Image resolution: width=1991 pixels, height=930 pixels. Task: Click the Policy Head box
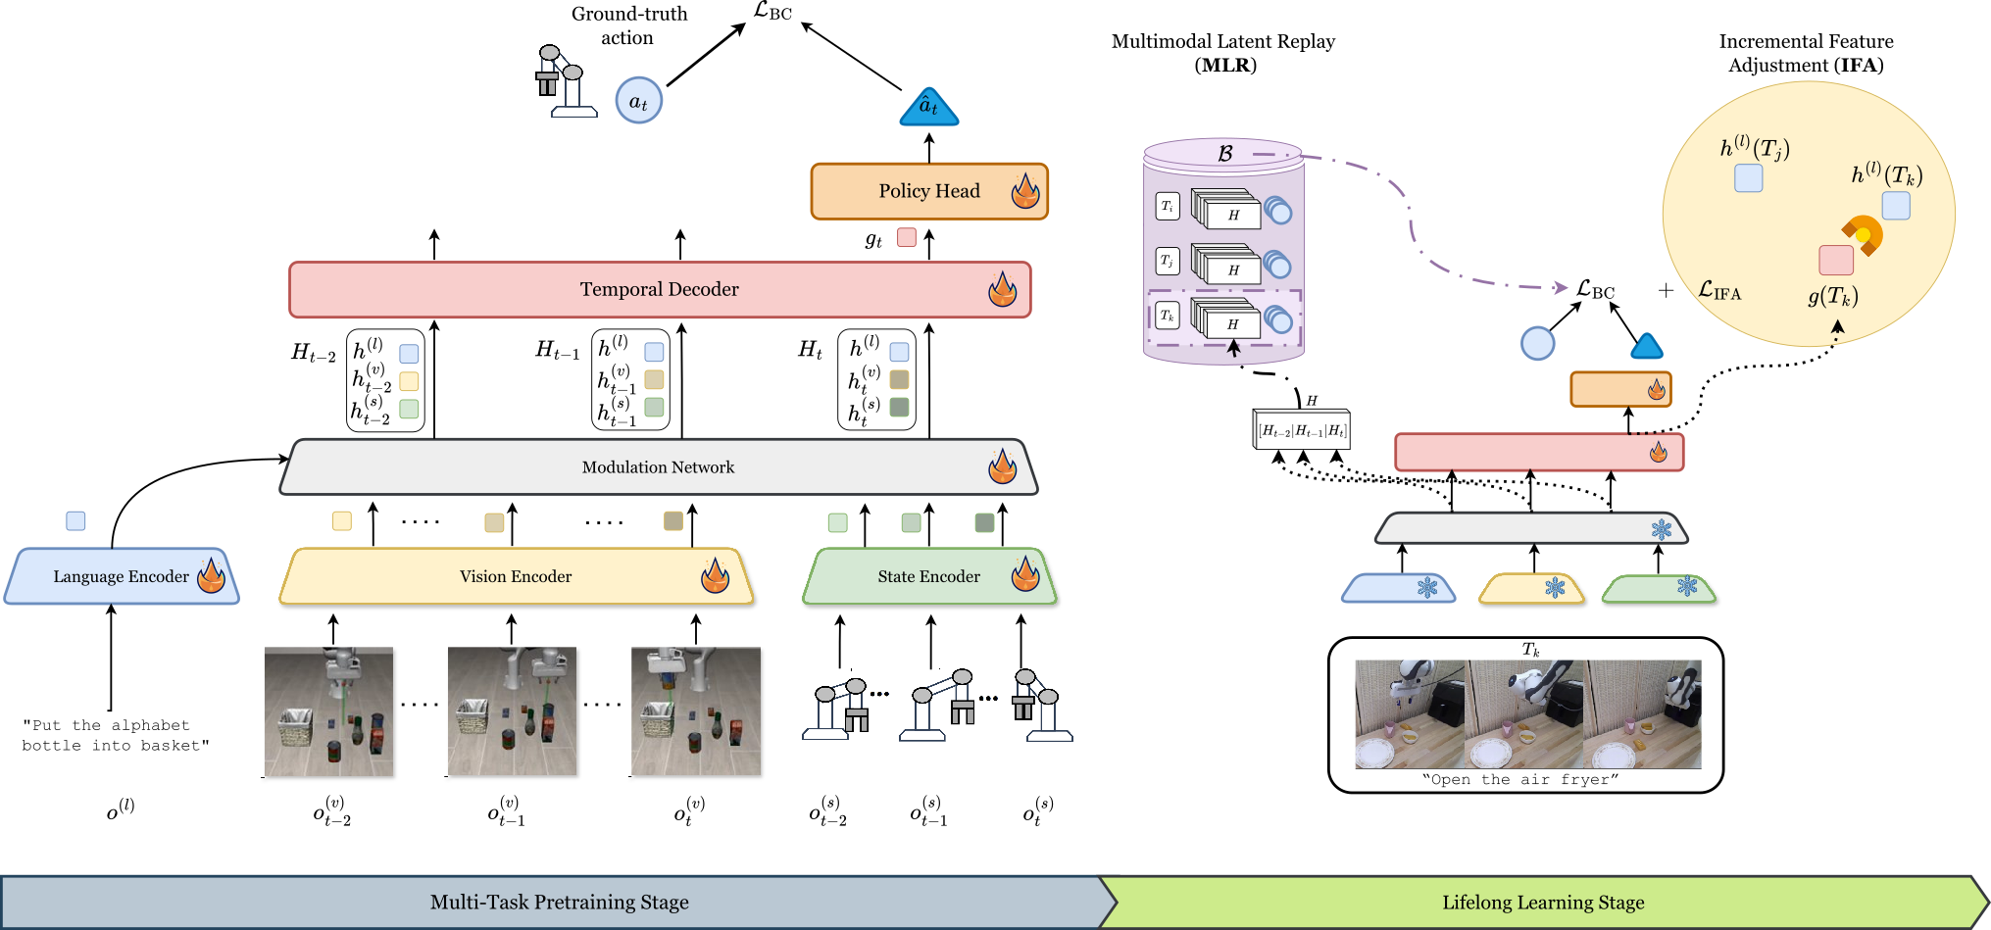point(928,191)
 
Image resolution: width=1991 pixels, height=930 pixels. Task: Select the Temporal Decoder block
point(659,289)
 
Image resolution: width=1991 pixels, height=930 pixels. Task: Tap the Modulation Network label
point(658,467)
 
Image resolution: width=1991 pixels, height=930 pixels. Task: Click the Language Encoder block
point(121,576)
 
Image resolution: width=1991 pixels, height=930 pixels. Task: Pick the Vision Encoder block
point(516,576)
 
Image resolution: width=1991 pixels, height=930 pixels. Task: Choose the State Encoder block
point(928,576)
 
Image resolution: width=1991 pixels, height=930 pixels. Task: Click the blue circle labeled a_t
point(638,101)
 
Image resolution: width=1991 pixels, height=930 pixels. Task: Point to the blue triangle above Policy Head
point(928,108)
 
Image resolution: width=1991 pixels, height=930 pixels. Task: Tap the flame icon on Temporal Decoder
point(1002,289)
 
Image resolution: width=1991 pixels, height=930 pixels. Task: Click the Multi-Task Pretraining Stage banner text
point(559,902)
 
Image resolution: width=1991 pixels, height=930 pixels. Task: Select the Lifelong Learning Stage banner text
point(1543,902)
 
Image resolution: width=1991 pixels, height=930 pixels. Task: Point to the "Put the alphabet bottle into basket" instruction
point(115,735)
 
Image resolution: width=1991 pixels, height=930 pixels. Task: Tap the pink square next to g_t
point(907,237)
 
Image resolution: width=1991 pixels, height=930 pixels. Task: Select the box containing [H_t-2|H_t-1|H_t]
point(1302,430)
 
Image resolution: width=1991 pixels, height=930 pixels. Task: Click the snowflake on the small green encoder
point(1686,586)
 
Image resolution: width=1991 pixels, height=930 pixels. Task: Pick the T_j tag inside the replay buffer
point(1167,261)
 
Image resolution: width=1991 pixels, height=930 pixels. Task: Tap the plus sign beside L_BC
point(1666,290)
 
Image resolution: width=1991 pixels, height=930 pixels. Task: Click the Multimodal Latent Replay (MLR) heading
point(1223,53)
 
